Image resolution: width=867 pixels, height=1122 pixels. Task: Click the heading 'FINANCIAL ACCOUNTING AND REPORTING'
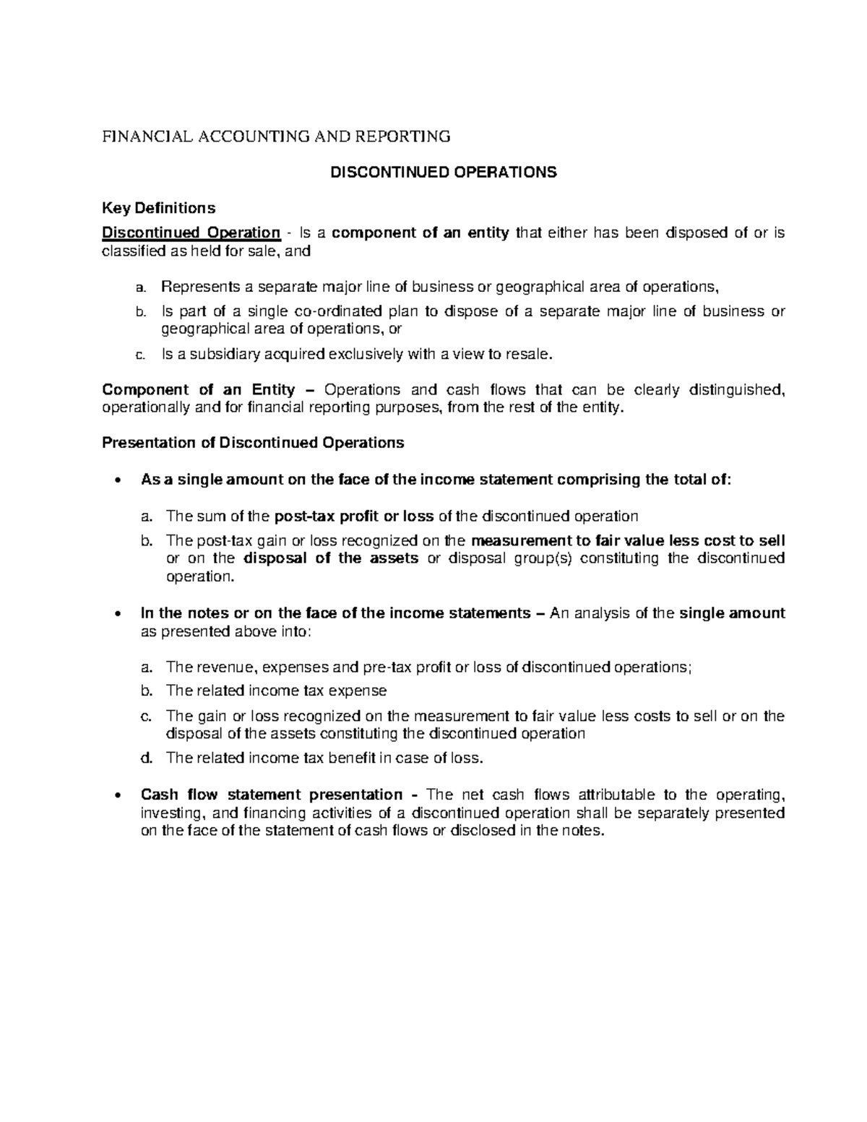point(276,137)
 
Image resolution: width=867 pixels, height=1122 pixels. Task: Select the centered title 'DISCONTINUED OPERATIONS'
point(443,173)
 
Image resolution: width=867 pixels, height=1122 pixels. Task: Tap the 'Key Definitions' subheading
point(158,208)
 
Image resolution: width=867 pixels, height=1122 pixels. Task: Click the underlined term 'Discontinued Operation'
point(191,233)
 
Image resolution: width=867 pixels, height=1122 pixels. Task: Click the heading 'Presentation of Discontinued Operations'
point(253,442)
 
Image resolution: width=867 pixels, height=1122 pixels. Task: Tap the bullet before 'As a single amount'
point(116,480)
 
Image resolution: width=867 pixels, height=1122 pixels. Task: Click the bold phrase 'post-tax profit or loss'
point(354,516)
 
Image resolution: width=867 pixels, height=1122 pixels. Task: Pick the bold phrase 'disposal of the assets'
point(331,558)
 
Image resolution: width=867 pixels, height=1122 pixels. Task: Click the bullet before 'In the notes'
point(116,614)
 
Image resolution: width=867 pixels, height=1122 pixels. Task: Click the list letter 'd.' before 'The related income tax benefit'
point(147,758)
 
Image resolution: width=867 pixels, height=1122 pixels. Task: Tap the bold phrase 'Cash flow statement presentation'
point(272,795)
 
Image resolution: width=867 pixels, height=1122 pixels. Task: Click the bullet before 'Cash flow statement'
point(116,795)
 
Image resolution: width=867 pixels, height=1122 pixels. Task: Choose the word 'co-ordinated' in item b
point(339,311)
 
